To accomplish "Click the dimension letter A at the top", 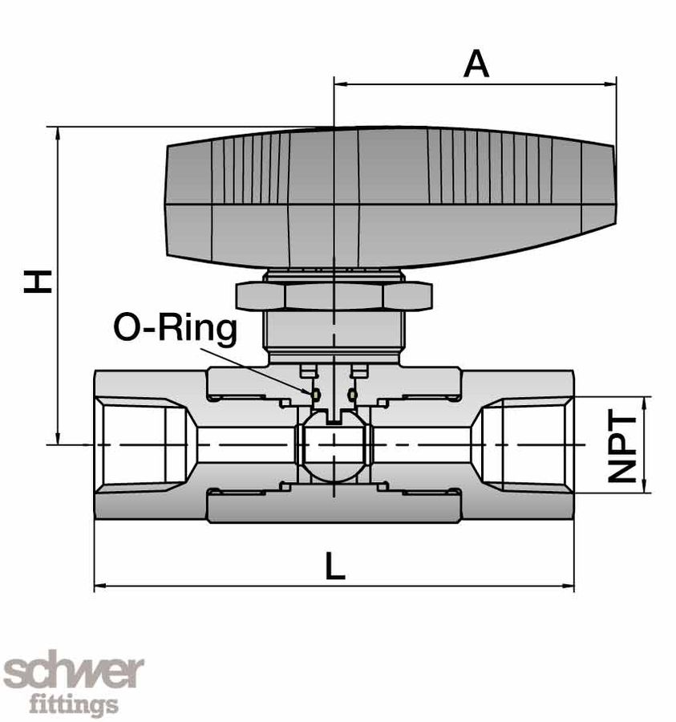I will pyautogui.click(x=476, y=64).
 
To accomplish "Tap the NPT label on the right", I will pyautogui.click(x=622, y=447).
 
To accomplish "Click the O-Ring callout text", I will pyautogui.click(x=176, y=329).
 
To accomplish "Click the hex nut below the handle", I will pyautogui.click(x=334, y=295).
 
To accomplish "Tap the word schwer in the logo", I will pyautogui.click(x=74, y=672).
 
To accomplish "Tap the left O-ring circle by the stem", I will pyautogui.click(x=314, y=394).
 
